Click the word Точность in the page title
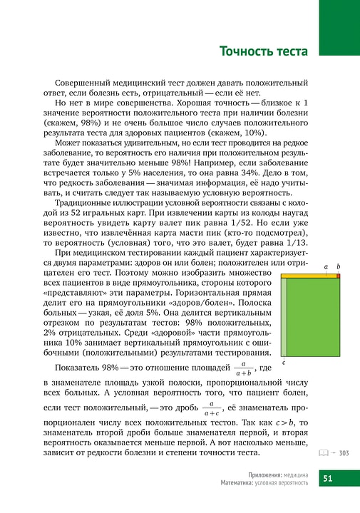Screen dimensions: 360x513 246,52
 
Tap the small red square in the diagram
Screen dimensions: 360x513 339,274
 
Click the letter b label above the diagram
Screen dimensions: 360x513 339,266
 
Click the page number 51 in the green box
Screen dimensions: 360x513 329,478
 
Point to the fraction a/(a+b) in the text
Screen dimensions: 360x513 245,368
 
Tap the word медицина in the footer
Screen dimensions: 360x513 294,474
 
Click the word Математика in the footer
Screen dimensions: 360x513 238,483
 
